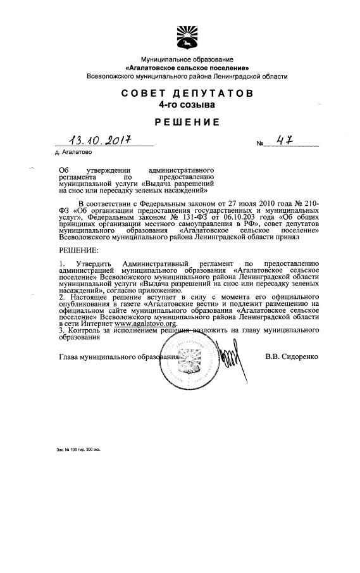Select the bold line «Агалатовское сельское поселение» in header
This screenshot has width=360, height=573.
click(x=187, y=67)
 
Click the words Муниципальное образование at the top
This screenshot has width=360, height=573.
click(x=187, y=59)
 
